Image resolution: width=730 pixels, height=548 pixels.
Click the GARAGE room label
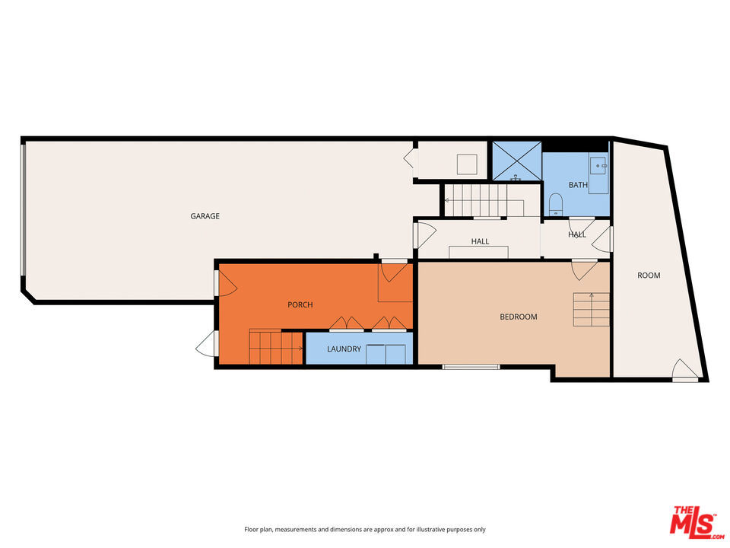pos(205,216)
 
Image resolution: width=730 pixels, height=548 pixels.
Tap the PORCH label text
pos(300,304)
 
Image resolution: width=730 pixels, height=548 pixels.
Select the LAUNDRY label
pos(344,349)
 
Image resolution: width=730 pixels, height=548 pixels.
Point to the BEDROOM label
pos(518,317)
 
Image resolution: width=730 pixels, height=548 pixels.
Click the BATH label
pos(578,185)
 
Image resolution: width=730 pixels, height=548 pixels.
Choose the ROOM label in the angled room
pos(649,276)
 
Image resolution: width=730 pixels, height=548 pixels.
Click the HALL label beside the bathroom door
pos(577,234)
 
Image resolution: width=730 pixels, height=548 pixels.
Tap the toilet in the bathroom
pos(555,202)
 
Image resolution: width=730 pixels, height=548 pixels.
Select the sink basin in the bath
pos(599,164)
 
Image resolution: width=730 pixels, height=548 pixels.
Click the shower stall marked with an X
pos(516,161)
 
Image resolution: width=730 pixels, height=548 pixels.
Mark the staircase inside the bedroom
pos(591,309)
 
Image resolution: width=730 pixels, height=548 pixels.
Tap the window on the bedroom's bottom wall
pos(471,368)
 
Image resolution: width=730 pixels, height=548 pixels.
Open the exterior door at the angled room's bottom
pos(684,371)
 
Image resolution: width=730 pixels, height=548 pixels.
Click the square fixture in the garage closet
pos(466,164)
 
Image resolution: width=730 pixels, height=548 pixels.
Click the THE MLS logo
pos(693,521)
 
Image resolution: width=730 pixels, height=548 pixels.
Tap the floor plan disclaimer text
pos(364,529)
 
